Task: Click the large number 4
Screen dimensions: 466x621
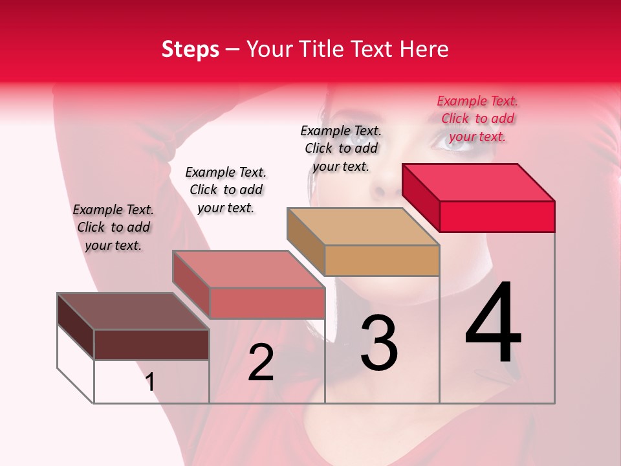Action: [x=494, y=323]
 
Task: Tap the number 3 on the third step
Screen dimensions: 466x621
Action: [x=378, y=343]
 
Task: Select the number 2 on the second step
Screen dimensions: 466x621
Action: [x=261, y=362]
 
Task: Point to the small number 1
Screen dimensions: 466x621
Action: [x=150, y=383]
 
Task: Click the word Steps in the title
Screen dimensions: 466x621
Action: [x=190, y=49]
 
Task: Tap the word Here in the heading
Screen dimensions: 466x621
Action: [x=424, y=49]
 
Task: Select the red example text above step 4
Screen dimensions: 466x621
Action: [x=477, y=118]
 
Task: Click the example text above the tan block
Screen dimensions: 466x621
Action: [x=341, y=148]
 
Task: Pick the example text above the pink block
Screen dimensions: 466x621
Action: [x=226, y=190]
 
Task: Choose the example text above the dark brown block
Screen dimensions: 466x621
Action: [x=113, y=227]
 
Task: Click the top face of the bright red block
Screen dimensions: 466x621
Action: [x=479, y=182]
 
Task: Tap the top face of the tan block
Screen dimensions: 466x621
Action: [x=364, y=227]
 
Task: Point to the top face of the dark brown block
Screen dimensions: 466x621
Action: [x=133, y=311]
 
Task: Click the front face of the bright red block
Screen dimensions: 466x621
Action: [x=497, y=216]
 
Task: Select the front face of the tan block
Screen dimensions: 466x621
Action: [x=382, y=260]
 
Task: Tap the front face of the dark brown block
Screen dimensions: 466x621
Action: [x=151, y=344]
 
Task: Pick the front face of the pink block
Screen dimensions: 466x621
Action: [x=267, y=303]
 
